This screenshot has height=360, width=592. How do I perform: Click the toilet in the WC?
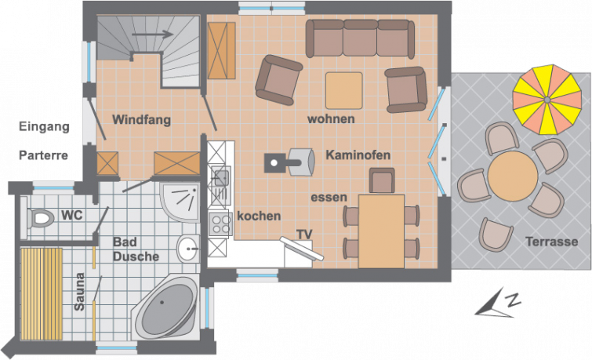(39, 218)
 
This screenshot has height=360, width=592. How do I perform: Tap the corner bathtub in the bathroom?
(166, 308)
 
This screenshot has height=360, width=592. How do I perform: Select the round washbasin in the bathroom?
(188, 249)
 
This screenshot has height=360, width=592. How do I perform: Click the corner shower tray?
(180, 202)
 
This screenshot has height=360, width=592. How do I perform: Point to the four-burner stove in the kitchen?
(220, 224)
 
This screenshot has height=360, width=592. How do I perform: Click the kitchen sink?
(221, 177)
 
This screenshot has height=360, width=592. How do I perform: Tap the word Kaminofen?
(358, 155)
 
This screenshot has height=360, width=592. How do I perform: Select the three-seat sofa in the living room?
(360, 38)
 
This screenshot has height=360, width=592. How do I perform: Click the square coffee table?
(344, 91)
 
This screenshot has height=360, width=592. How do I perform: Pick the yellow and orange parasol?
(547, 100)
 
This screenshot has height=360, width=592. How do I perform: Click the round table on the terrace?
(512, 176)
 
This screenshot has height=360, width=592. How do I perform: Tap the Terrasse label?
(551, 242)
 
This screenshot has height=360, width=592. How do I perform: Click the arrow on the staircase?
(152, 35)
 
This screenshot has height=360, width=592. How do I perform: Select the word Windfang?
(142, 120)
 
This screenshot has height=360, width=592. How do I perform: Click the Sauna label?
(79, 292)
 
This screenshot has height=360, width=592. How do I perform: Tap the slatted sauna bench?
(42, 294)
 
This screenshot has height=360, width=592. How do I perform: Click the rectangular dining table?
(381, 231)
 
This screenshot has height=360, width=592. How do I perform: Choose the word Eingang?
(44, 126)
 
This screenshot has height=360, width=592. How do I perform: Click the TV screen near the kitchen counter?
(302, 249)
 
